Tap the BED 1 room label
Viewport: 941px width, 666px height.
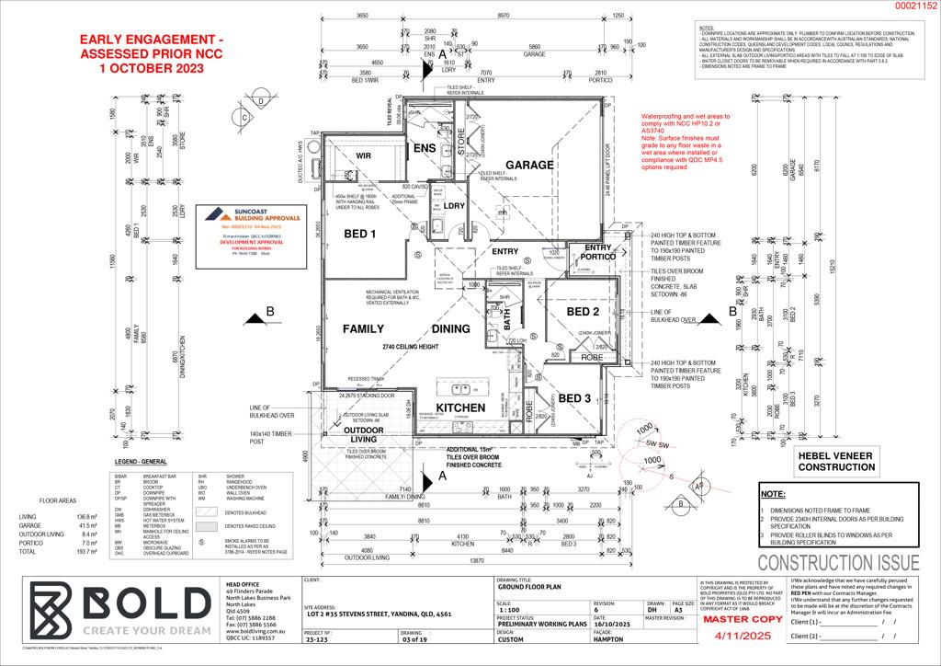click(x=360, y=235)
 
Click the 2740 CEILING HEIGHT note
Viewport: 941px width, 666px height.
click(x=412, y=347)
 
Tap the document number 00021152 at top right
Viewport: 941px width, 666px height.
click(x=915, y=6)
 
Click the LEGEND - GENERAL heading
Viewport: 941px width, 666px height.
click(x=141, y=460)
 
